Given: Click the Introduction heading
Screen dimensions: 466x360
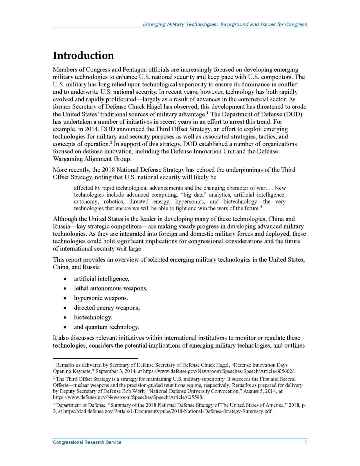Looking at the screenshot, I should click(83, 55).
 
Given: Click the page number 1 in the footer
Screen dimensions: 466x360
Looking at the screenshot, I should click(305, 442).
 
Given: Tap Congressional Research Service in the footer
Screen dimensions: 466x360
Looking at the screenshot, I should click(87, 442).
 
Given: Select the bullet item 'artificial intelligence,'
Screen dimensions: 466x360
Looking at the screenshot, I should click(102, 279).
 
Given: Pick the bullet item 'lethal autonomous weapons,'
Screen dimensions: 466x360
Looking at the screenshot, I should click(111, 288).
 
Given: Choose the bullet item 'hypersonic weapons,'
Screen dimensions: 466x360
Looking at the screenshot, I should click(101, 298).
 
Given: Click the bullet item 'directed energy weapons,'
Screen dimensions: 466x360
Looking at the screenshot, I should click(107, 308).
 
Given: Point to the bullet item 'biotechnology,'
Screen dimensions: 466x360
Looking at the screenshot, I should click(93, 317).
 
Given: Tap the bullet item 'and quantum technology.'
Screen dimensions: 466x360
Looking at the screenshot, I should click(106, 327).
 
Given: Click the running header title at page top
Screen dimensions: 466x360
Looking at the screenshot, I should click(225, 24).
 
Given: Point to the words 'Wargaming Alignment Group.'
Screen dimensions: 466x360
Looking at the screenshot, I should click(92, 159).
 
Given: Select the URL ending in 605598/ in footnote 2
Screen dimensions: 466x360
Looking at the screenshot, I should click(129, 397).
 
